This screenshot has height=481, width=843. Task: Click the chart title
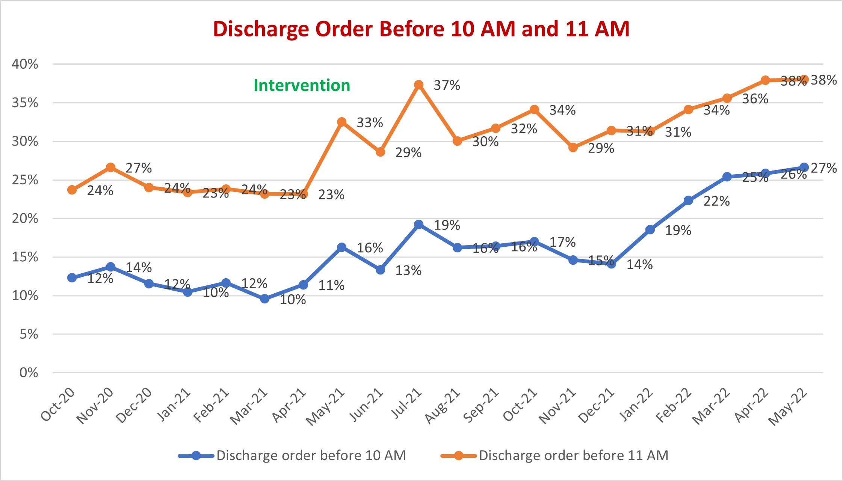[x=421, y=29]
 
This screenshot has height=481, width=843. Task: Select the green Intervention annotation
[x=302, y=86]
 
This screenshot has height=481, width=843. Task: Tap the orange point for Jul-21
[x=418, y=85]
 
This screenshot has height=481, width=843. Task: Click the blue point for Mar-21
[x=264, y=299]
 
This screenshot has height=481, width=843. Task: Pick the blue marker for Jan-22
[x=650, y=230]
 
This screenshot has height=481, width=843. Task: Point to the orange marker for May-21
[x=341, y=122]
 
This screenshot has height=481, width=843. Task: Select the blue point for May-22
[x=804, y=167]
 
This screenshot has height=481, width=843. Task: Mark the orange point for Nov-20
[x=110, y=167]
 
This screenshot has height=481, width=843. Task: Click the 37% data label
[x=447, y=86]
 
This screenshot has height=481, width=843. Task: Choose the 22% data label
[x=716, y=201]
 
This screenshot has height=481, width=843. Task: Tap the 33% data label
[x=370, y=123]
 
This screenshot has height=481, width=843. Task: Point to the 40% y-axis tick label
[x=25, y=64]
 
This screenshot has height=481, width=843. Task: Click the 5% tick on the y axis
[x=29, y=334]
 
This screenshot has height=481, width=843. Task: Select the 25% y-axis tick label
[x=25, y=180]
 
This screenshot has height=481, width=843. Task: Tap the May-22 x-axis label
[x=788, y=406]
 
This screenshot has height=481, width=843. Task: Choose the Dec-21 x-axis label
[x=596, y=406]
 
